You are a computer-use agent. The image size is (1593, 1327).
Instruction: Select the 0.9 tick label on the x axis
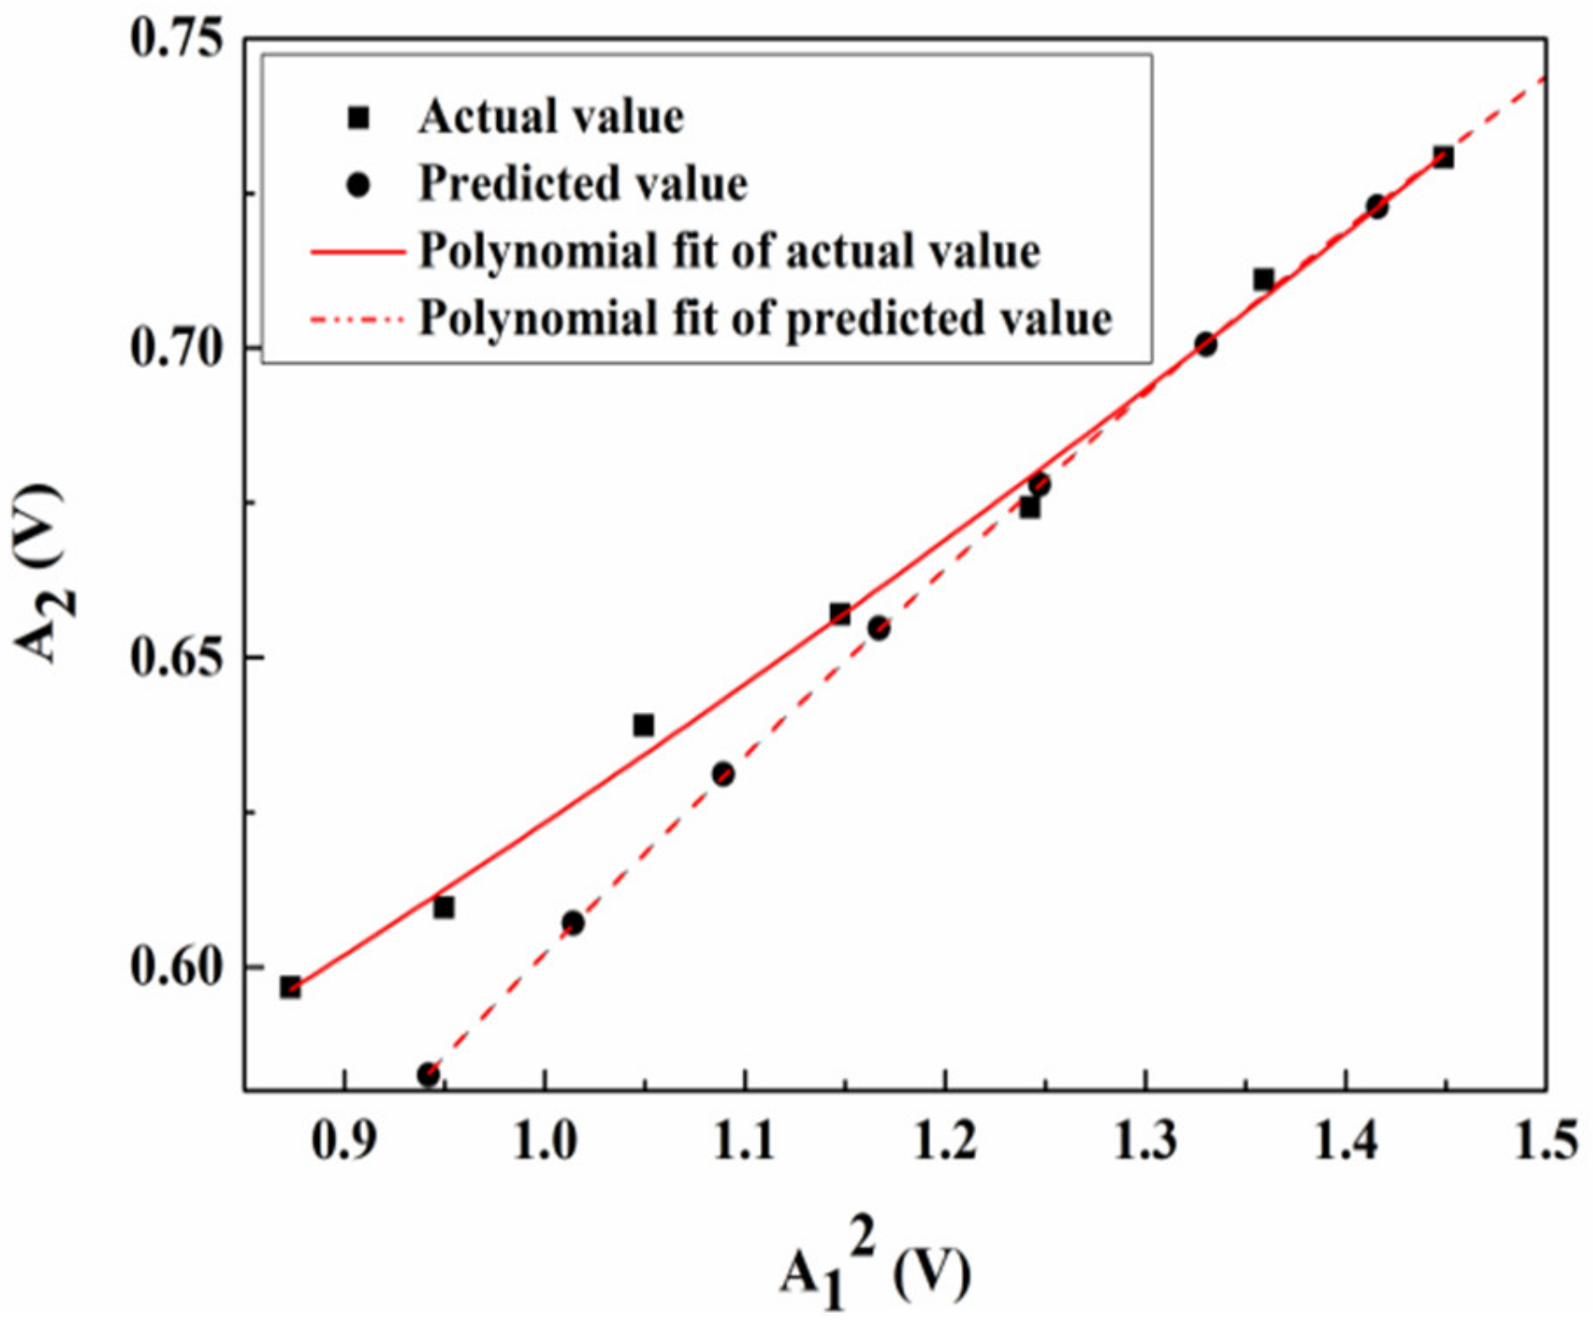(x=345, y=1140)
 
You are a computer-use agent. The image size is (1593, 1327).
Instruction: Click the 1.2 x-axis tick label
(x=945, y=1140)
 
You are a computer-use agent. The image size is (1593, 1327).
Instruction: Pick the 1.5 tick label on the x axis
(x=1546, y=1140)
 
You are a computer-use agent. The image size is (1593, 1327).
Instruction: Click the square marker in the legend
(x=358, y=118)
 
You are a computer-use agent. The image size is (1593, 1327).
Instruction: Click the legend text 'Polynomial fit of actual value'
(x=729, y=251)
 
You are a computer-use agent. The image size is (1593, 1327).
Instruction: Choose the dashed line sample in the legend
(x=358, y=319)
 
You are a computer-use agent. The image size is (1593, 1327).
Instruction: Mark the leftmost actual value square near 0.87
(x=290, y=987)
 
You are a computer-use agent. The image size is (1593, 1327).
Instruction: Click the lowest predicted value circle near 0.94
(x=428, y=1075)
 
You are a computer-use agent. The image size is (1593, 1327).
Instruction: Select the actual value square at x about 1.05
(x=644, y=725)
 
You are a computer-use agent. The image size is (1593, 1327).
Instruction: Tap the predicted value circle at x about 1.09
(x=723, y=774)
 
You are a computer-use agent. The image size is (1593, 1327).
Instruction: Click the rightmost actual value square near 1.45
(x=1443, y=157)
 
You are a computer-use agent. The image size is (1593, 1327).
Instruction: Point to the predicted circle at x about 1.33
(x=1206, y=344)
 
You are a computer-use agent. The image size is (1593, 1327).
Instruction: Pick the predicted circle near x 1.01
(x=573, y=923)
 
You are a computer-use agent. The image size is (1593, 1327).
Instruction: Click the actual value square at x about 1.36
(x=1264, y=279)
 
